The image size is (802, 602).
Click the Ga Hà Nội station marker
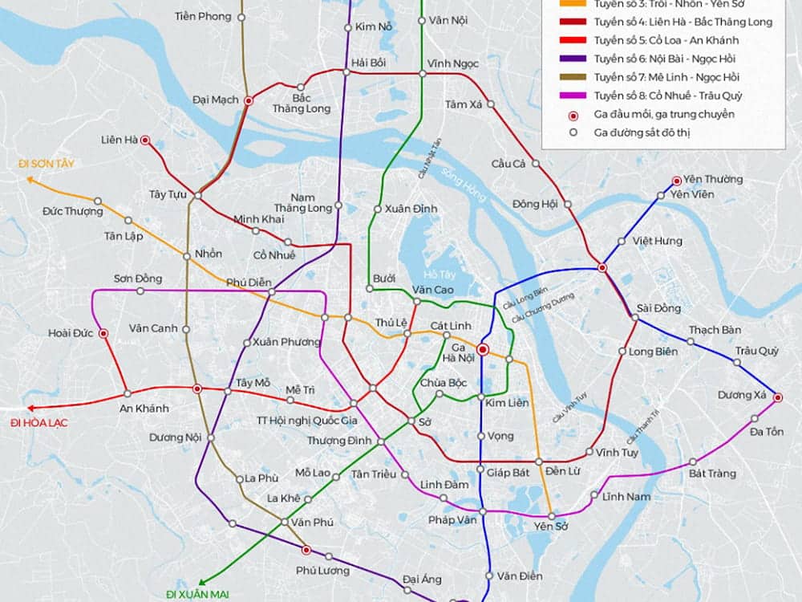[x=483, y=349]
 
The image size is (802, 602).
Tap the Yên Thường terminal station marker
[x=676, y=181]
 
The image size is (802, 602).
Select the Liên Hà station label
[x=119, y=140]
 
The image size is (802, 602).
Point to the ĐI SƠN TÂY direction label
[x=47, y=164]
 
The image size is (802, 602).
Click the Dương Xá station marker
[x=777, y=397]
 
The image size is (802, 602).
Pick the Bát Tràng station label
[x=712, y=474]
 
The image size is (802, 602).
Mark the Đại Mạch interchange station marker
[x=249, y=100]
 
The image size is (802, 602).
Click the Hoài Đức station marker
[x=103, y=333]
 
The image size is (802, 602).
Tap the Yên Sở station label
[x=550, y=527]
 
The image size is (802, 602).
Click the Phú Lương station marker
[x=306, y=551]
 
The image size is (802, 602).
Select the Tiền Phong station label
[x=202, y=16]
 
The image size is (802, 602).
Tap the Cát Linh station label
[x=450, y=325]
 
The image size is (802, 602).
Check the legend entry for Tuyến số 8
[x=667, y=96]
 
